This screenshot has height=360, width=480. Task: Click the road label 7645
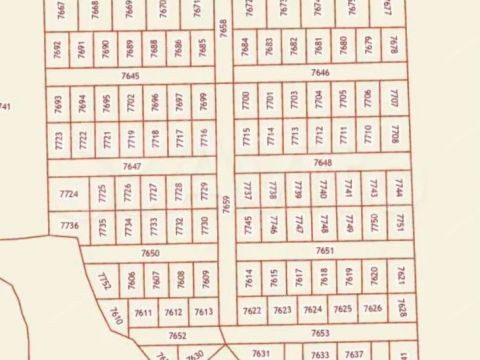[x=130, y=75]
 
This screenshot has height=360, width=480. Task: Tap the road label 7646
[x=320, y=73]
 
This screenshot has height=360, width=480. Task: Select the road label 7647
[x=131, y=165]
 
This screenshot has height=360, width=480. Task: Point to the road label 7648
[x=322, y=162]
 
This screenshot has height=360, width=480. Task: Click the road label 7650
[x=150, y=254]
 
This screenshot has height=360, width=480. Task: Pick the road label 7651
[x=324, y=251]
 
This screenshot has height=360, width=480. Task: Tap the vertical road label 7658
[x=222, y=28]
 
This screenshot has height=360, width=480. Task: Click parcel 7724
[x=69, y=193]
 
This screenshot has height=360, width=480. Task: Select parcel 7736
[x=69, y=226]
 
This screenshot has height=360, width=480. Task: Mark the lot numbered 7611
[x=142, y=313]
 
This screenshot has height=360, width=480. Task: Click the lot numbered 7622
[x=253, y=310]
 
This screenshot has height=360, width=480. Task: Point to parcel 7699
[x=203, y=102]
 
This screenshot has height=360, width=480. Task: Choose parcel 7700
[x=245, y=99]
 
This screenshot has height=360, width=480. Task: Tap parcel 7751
[x=398, y=221]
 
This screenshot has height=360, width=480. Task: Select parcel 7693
[x=58, y=104]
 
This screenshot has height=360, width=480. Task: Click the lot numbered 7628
[x=400, y=308]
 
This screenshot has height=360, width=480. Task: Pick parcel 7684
[x=245, y=46]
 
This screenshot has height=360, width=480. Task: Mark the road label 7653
[x=320, y=333]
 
